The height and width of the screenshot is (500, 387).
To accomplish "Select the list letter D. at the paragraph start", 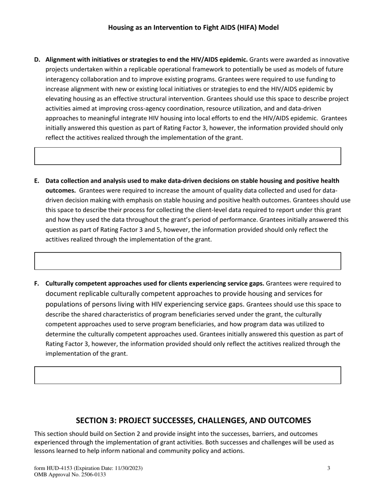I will [x=37, y=60].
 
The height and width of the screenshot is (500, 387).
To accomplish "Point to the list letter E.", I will [x=37, y=181].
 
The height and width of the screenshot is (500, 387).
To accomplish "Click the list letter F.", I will [x=37, y=283].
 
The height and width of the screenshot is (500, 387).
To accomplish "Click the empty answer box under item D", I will [x=187, y=156].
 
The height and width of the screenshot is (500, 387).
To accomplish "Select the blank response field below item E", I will [x=187, y=261].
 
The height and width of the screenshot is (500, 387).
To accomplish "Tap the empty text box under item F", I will [x=187, y=375].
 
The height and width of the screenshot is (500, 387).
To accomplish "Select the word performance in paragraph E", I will [x=231, y=220].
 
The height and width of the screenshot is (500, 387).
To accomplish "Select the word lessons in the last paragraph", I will [x=44, y=451].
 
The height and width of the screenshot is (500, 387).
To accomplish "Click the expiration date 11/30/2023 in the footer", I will [x=127, y=469].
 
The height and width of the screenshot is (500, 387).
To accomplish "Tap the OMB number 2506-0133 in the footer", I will [x=93, y=475].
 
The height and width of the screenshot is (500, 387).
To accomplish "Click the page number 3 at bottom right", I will [x=329, y=469].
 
